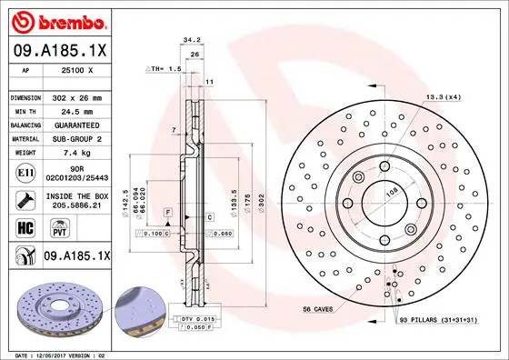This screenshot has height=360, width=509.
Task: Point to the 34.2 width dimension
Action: tap(191, 40)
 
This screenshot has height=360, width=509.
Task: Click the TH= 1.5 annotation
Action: tap(165, 69)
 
